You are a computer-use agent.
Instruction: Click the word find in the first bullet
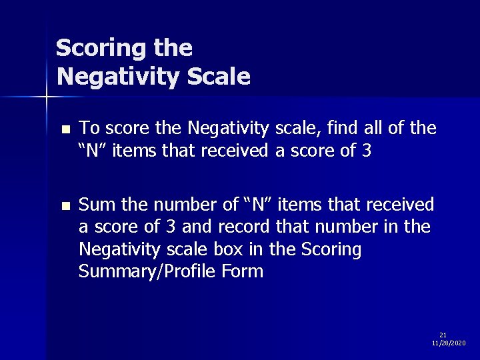point(341,127)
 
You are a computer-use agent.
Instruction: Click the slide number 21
point(443,335)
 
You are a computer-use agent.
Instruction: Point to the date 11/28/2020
point(449,343)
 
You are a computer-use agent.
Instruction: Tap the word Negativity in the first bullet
point(228,127)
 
